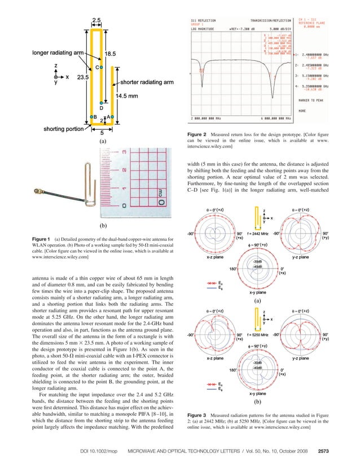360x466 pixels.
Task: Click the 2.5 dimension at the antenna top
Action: (x=97, y=21)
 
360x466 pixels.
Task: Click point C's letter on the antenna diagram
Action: (x=96, y=67)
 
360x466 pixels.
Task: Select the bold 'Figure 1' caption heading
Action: (x=46, y=240)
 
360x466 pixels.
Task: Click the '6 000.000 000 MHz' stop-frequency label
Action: (x=273, y=119)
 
